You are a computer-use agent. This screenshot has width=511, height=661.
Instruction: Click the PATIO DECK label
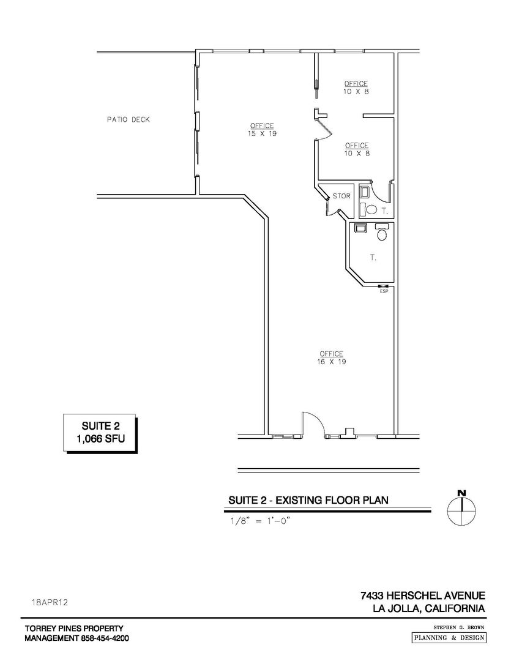coord(128,120)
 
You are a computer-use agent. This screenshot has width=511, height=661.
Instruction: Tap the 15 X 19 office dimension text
coord(262,133)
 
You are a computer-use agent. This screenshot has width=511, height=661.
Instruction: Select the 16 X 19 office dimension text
coord(330,362)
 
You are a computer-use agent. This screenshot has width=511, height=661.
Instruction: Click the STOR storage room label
coord(341,196)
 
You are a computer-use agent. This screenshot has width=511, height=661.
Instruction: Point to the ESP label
coord(384,291)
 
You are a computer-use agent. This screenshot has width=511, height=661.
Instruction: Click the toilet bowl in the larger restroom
coord(382,233)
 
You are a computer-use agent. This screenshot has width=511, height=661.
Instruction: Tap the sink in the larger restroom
coord(359,228)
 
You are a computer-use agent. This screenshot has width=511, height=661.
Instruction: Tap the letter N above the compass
coord(461,493)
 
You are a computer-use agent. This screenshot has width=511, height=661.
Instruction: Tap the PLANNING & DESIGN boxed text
coord(449,638)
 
